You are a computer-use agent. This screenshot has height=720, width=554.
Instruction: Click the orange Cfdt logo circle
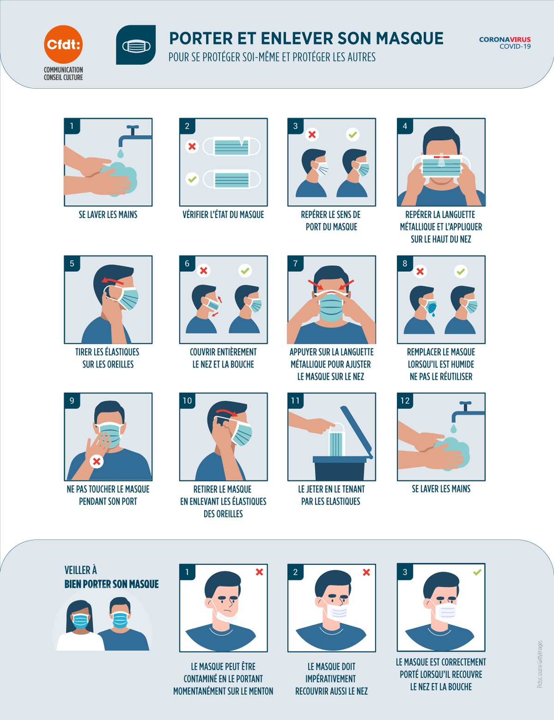(63, 44)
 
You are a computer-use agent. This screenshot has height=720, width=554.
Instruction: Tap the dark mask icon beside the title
(136, 45)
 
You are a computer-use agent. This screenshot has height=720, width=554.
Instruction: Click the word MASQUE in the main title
(410, 38)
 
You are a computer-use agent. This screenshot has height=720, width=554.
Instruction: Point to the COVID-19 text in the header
(515, 47)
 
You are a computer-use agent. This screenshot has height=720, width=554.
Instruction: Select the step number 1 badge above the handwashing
(72, 126)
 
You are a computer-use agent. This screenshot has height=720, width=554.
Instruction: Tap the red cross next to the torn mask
(192, 146)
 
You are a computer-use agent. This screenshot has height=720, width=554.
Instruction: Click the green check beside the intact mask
(192, 179)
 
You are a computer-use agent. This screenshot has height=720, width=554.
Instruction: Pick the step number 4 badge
(405, 126)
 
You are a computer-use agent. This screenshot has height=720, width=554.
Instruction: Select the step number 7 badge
(295, 264)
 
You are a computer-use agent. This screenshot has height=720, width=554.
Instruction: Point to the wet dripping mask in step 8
(431, 307)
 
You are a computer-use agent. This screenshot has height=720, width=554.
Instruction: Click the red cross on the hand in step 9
(96, 461)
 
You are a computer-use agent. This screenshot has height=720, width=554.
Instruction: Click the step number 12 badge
(405, 401)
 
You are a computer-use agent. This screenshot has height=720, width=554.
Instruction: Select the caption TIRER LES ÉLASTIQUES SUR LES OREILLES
(108, 358)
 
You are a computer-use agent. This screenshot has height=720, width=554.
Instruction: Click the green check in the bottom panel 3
(477, 572)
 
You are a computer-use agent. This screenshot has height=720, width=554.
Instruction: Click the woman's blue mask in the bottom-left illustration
(80, 621)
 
